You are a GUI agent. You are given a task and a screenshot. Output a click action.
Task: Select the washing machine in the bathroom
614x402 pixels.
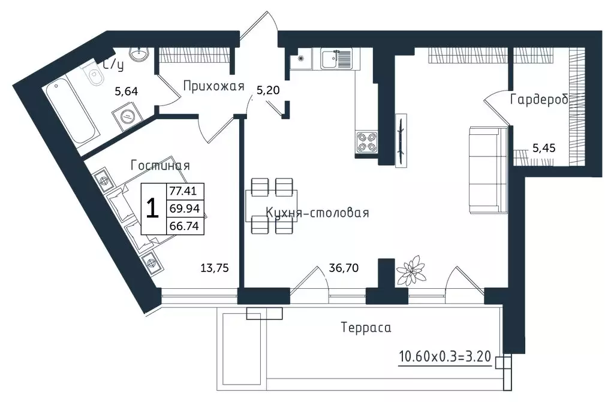pyautogui.click(x=127, y=116)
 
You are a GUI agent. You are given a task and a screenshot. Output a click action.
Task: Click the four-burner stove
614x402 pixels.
pyautogui.click(x=367, y=143)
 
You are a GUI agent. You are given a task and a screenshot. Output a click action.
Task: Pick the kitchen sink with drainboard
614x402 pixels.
pyautogui.click(x=336, y=59)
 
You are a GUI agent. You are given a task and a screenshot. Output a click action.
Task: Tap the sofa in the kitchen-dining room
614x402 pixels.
pyautogui.click(x=488, y=170)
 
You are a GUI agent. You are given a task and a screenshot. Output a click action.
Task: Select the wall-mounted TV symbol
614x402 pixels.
pyautogui.click(x=401, y=141)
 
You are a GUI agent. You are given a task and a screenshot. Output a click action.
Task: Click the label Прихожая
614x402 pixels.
pyautogui.click(x=213, y=86)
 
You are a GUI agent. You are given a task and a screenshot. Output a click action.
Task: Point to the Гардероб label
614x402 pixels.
pyautogui.click(x=539, y=99)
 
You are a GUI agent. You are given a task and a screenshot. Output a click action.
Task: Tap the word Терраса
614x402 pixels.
pyautogui.click(x=366, y=327)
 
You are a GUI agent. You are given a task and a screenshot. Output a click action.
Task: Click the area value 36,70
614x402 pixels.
pyautogui.click(x=344, y=268)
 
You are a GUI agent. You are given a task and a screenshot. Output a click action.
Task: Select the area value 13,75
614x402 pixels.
pyautogui.click(x=215, y=268)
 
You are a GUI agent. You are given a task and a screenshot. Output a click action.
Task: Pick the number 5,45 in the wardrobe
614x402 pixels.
pyautogui.click(x=543, y=148)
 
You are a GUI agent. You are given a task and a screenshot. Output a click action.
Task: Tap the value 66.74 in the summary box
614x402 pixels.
pyautogui.click(x=185, y=226)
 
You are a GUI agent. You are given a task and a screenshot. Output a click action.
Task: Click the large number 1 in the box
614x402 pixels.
pyautogui.click(x=152, y=208)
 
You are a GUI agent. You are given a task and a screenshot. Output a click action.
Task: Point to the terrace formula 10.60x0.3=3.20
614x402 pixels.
pyautogui.click(x=445, y=356)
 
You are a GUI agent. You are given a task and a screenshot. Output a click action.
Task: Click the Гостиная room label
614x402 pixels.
pyautogui.click(x=160, y=165)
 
